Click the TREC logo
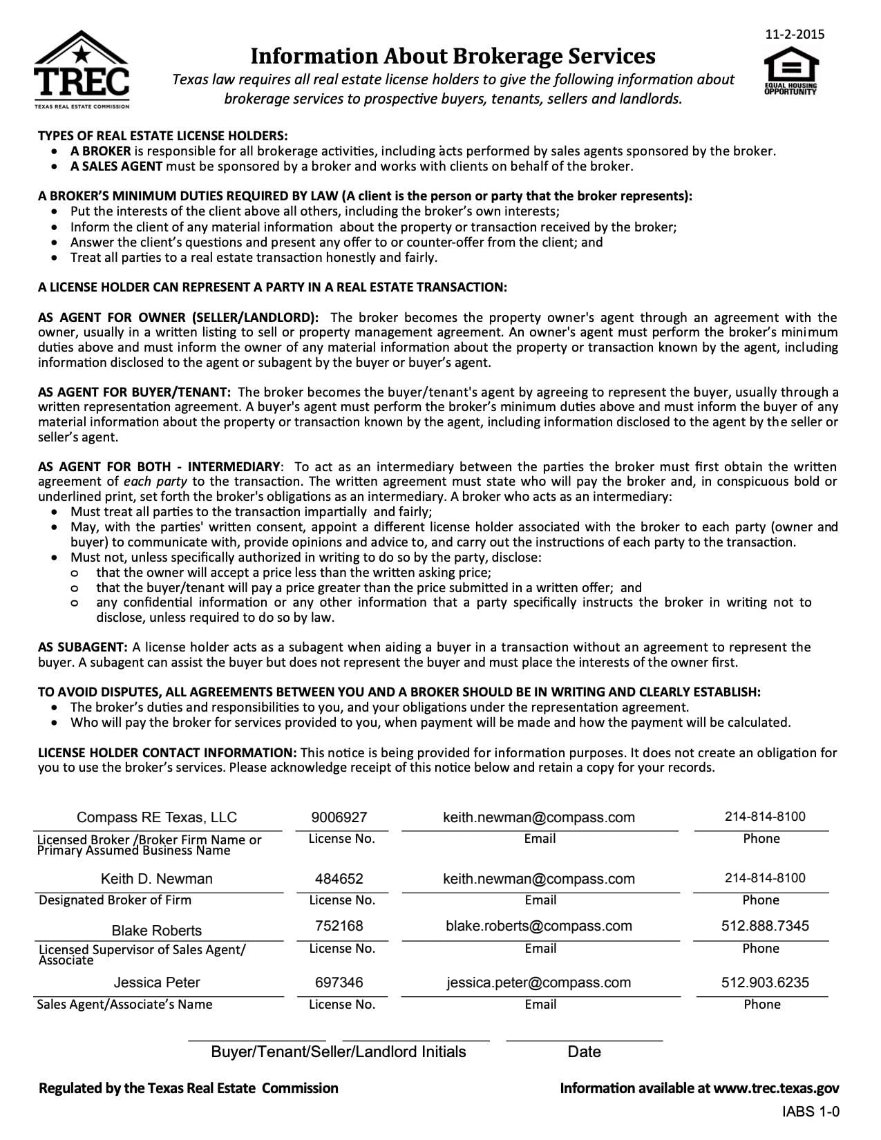(x=82, y=70)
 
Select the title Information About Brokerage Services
(x=453, y=55)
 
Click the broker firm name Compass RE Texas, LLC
(x=157, y=817)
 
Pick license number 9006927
(x=339, y=817)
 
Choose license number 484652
(x=339, y=879)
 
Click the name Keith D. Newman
(x=157, y=879)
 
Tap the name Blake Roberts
(x=157, y=930)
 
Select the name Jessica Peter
(x=157, y=982)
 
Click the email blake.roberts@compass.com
(x=539, y=926)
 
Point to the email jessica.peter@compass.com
(x=539, y=982)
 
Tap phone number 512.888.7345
(x=765, y=926)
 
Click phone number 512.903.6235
(x=765, y=982)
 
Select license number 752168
(x=339, y=926)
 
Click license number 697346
(x=339, y=982)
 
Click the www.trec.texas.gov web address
(x=776, y=1089)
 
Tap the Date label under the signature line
(x=584, y=1052)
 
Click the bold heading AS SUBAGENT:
(x=83, y=647)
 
